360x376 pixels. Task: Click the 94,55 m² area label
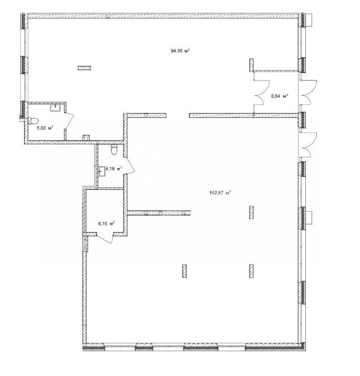point(180,51)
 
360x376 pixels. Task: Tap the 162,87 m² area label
point(220,192)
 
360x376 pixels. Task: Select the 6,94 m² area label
point(279,96)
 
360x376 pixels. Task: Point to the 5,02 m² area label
point(45,128)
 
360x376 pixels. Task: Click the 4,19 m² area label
point(114,169)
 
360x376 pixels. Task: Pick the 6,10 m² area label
point(106,224)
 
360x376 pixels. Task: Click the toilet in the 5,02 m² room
point(33,121)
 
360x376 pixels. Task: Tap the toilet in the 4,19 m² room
point(114,150)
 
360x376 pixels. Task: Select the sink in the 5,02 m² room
point(56,107)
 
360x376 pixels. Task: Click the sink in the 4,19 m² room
point(101,171)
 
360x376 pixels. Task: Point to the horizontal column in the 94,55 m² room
point(84,68)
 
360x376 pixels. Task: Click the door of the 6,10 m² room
point(105,238)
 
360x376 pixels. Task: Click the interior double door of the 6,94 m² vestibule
point(262,92)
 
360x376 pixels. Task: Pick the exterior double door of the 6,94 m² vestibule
point(308,92)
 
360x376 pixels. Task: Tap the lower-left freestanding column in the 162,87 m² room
point(184,271)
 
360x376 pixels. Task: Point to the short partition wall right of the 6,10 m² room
point(159,213)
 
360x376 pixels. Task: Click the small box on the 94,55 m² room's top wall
point(107,16)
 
